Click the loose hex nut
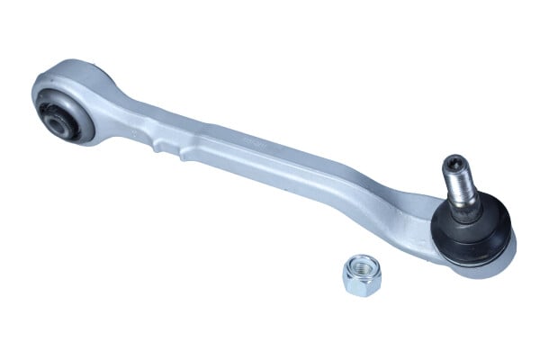pos(362,275)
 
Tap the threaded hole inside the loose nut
pos(361,267)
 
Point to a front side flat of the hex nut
pos(357,285)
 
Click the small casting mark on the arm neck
pos(135,132)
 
